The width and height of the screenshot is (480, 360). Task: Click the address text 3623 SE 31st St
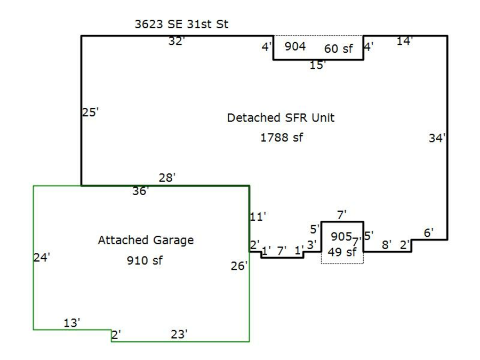pyautogui.click(x=181, y=25)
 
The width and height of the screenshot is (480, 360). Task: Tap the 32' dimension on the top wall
pyautogui.click(x=176, y=41)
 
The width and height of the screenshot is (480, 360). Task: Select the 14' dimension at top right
pyautogui.click(x=405, y=41)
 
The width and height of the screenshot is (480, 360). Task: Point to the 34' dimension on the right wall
pyautogui.click(x=437, y=138)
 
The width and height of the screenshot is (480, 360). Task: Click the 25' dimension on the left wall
pyautogui.click(x=90, y=113)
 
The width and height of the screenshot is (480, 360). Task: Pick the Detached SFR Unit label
pyautogui.click(x=281, y=118)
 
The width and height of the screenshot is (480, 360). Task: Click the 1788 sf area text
pyautogui.click(x=281, y=138)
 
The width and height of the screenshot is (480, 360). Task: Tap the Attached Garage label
pyautogui.click(x=146, y=241)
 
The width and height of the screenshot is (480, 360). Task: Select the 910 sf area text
pyautogui.click(x=145, y=261)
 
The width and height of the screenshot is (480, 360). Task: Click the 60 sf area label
pyautogui.click(x=339, y=49)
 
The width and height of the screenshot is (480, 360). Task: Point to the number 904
pyautogui.click(x=295, y=46)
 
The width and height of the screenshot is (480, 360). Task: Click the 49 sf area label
pyautogui.click(x=341, y=253)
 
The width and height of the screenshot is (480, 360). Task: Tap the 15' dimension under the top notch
pyautogui.click(x=318, y=66)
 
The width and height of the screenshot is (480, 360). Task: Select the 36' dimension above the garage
pyautogui.click(x=141, y=191)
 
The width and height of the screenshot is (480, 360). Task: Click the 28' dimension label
pyautogui.click(x=167, y=178)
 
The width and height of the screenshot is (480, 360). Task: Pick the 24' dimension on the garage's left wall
pyautogui.click(x=42, y=258)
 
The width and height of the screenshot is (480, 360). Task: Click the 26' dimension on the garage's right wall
pyautogui.click(x=239, y=266)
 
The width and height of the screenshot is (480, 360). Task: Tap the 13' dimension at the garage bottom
pyautogui.click(x=71, y=323)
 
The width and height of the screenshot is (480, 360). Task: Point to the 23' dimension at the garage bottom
pyautogui.click(x=179, y=334)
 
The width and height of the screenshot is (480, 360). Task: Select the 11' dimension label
pyautogui.click(x=258, y=217)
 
